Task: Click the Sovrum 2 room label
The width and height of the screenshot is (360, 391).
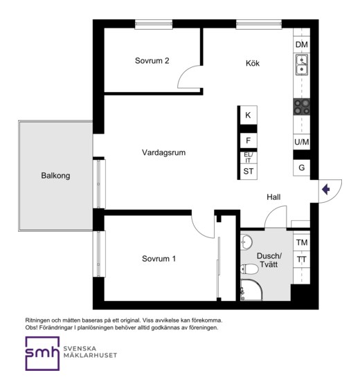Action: click(152, 61)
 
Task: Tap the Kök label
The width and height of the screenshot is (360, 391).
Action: click(253, 63)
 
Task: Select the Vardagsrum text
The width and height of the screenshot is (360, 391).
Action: click(163, 152)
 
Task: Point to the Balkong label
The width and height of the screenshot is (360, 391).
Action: click(55, 176)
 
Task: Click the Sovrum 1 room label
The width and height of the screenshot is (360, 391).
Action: click(159, 259)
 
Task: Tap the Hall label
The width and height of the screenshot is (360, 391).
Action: click(273, 197)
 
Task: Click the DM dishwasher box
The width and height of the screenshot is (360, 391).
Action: click(302, 44)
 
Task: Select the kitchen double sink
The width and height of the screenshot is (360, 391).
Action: click(302, 65)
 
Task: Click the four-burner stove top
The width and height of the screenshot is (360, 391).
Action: click(302, 107)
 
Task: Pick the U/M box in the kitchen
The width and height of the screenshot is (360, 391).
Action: click(302, 142)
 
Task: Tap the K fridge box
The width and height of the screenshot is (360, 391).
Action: click(249, 115)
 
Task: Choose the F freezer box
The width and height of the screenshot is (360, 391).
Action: click(249, 140)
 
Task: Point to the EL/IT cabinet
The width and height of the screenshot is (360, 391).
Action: click(249, 158)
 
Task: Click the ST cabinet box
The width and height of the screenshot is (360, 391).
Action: click(249, 172)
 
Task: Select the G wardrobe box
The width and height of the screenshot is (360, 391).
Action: click(302, 167)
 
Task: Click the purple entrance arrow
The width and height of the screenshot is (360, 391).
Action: click(326, 190)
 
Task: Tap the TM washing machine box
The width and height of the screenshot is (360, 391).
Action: click(302, 242)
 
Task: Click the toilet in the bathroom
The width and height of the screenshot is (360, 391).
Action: click(249, 269)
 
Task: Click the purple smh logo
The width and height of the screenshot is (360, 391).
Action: click(42, 354)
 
